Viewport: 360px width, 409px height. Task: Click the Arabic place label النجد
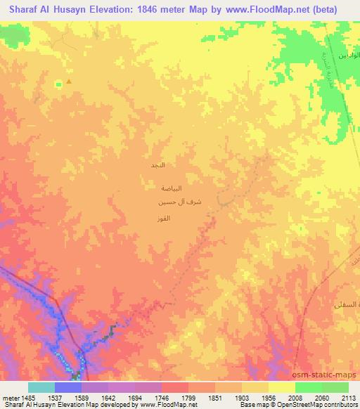(x=158, y=165)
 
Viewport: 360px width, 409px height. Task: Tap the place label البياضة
(x=173, y=188)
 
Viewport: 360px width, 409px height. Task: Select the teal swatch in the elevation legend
(x=41, y=387)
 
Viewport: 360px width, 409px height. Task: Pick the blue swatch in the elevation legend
(x=68, y=387)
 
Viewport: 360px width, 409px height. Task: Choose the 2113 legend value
(x=349, y=397)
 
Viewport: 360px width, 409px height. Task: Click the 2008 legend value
(x=296, y=397)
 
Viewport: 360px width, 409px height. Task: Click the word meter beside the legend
(x=11, y=397)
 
